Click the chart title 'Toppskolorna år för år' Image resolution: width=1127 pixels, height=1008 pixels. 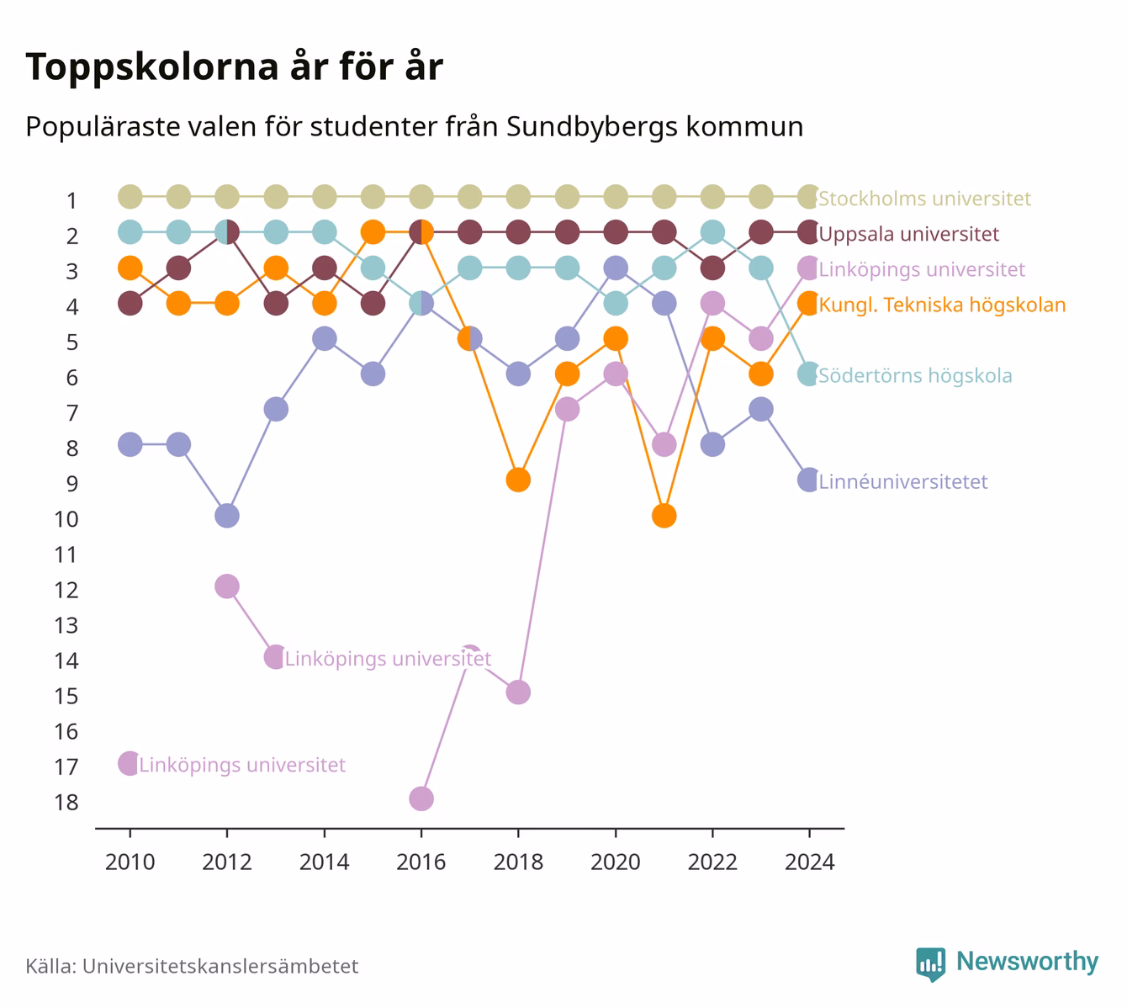click(x=234, y=66)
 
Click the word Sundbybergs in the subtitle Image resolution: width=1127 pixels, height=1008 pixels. click(x=592, y=127)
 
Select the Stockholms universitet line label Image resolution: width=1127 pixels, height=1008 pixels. click(x=924, y=198)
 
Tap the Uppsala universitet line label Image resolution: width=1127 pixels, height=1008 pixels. click(x=909, y=234)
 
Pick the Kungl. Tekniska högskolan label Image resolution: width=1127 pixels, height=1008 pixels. click(x=942, y=305)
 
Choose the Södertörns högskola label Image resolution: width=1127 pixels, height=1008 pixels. click(x=915, y=376)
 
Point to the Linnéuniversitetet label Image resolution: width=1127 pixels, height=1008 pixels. click(x=902, y=481)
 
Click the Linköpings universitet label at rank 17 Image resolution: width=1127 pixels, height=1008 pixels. click(x=242, y=765)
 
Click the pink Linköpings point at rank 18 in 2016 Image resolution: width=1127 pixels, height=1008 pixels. click(x=421, y=798)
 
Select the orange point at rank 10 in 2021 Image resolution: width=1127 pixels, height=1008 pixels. click(x=664, y=516)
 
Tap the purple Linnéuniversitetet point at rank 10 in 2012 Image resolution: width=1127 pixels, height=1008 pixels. click(x=227, y=516)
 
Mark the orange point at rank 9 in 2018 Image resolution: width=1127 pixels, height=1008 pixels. click(x=518, y=480)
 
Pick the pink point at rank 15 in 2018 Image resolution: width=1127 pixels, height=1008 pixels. click(x=518, y=692)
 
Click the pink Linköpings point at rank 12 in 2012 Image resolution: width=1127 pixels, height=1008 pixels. click(x=227, y=586)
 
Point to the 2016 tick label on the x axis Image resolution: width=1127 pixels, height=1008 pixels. click(x=421, y=862)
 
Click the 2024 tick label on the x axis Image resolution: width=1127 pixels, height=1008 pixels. click(x=809, y=862)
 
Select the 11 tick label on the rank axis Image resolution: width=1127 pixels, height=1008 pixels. click(x=66, y=554)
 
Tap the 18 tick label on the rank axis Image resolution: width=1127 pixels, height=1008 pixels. click(x=66, y=802)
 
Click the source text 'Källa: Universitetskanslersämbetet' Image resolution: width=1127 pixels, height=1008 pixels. click(x=192, y=966)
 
